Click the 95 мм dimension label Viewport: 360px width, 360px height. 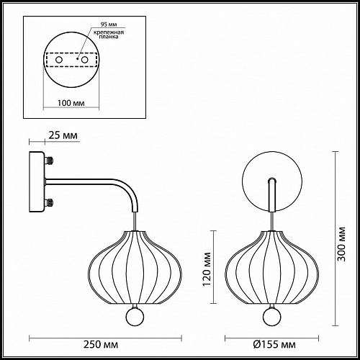pos(109,24)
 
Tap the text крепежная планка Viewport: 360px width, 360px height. pos(109,35)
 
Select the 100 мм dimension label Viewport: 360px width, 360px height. pos(71,103)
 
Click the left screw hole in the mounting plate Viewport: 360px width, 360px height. pos(59,60)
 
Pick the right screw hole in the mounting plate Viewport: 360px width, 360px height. pos(84,60)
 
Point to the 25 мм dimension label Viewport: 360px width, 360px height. pos(63,135)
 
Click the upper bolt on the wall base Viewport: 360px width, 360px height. pos(49,161)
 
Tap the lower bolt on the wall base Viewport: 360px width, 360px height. pos(49,202)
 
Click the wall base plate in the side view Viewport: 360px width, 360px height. pos(37,181)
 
